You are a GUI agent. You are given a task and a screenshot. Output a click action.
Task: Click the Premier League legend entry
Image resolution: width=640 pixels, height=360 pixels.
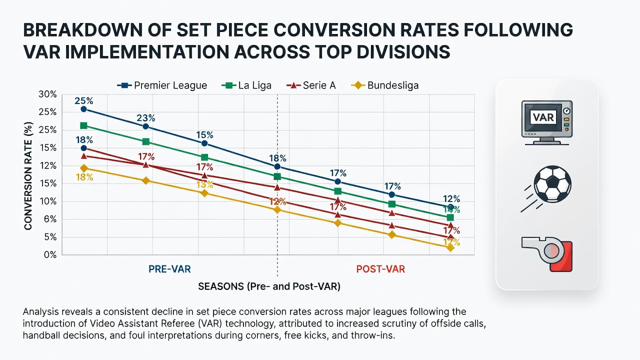[162, 85]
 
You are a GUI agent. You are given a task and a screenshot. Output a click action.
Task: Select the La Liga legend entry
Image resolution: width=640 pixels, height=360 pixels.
[246, 85]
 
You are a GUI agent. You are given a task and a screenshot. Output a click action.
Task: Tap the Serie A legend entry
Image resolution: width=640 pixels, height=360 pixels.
[311, 85]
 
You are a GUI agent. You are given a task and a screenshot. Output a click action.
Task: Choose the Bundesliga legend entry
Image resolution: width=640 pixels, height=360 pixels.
[385, 85]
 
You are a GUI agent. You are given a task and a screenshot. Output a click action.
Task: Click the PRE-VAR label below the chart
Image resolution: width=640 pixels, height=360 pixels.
[169, 269]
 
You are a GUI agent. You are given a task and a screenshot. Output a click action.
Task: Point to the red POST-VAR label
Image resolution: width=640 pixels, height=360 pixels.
[380, 269]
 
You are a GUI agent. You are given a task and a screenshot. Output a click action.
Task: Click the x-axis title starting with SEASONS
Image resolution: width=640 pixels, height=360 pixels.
[269, 286]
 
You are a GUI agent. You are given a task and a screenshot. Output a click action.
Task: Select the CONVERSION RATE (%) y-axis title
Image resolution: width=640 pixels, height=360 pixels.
[28, 176]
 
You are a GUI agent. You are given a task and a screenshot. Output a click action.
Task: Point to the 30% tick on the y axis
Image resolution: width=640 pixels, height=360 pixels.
[47, 94]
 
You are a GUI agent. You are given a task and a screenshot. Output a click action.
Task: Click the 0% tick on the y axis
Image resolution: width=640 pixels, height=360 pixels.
[50, 254]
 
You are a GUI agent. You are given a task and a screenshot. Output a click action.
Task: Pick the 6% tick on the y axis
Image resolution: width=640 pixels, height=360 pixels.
[50, 219]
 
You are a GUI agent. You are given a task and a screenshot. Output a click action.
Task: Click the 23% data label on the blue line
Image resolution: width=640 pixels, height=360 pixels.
[145, 117]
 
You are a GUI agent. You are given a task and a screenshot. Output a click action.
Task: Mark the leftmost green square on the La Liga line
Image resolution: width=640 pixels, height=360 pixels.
[83, 125]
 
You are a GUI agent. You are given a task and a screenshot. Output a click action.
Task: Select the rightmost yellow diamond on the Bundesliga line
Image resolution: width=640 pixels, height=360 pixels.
[450, 248]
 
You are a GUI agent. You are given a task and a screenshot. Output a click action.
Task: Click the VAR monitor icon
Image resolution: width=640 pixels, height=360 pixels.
[547, 122]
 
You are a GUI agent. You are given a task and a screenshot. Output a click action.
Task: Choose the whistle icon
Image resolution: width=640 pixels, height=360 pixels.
[547, 254]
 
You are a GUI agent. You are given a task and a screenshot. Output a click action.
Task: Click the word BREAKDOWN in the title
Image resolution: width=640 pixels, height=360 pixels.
[83, 29]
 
